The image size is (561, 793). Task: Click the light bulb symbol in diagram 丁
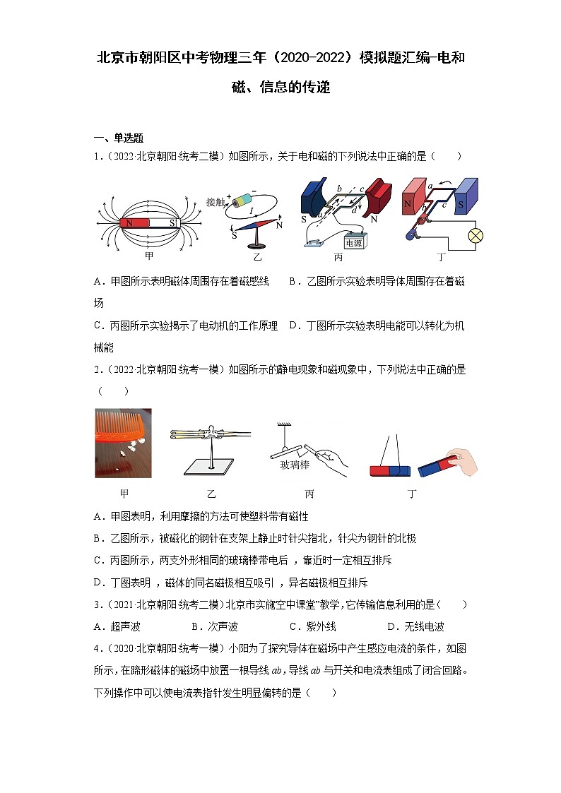(476, 236)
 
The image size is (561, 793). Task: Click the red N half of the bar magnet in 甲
(134, 223)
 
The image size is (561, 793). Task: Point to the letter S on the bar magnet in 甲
(171, 223)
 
